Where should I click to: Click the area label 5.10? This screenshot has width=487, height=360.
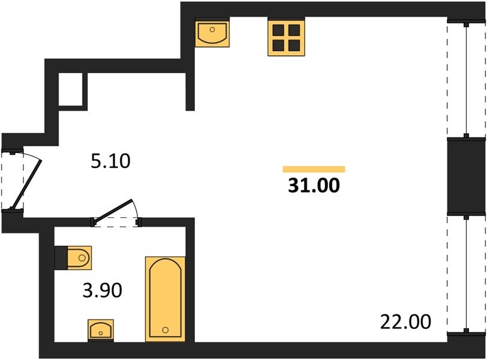tap(110, 161)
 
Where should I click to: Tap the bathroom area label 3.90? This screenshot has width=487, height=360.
tap(103, 291)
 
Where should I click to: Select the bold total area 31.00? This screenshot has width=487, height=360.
tap(314, 185)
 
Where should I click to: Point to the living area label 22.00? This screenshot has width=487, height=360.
tap(405, 322)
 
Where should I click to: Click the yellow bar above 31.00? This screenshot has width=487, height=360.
tap(314, 169)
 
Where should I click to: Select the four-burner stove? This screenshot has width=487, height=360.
tap(286, 37)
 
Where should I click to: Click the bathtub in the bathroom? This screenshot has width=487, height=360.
tap(166, 299)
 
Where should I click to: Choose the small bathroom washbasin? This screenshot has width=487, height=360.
tap(101, 330)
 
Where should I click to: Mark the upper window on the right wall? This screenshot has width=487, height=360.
tap(466, 80)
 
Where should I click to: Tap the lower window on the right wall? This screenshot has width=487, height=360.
tap(466, 275)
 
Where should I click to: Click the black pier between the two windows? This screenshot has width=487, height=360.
tap(466, 176)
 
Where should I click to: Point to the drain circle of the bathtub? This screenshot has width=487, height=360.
tap(166, 330)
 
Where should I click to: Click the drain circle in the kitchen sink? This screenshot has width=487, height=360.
tap(212, 30)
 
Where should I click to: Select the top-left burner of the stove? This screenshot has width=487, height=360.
tap(278, 30)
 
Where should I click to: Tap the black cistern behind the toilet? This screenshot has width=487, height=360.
tap(61, 258)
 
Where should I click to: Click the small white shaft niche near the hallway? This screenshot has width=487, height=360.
tap(71, 89)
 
